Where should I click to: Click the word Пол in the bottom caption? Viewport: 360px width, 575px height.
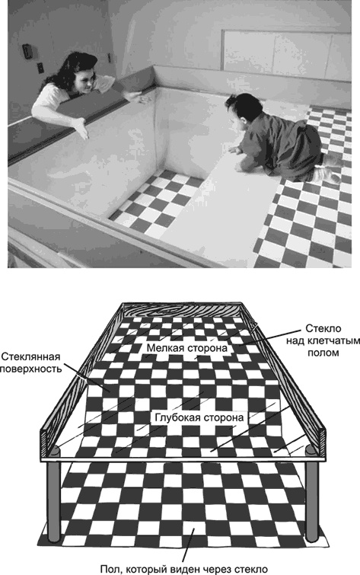111,567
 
